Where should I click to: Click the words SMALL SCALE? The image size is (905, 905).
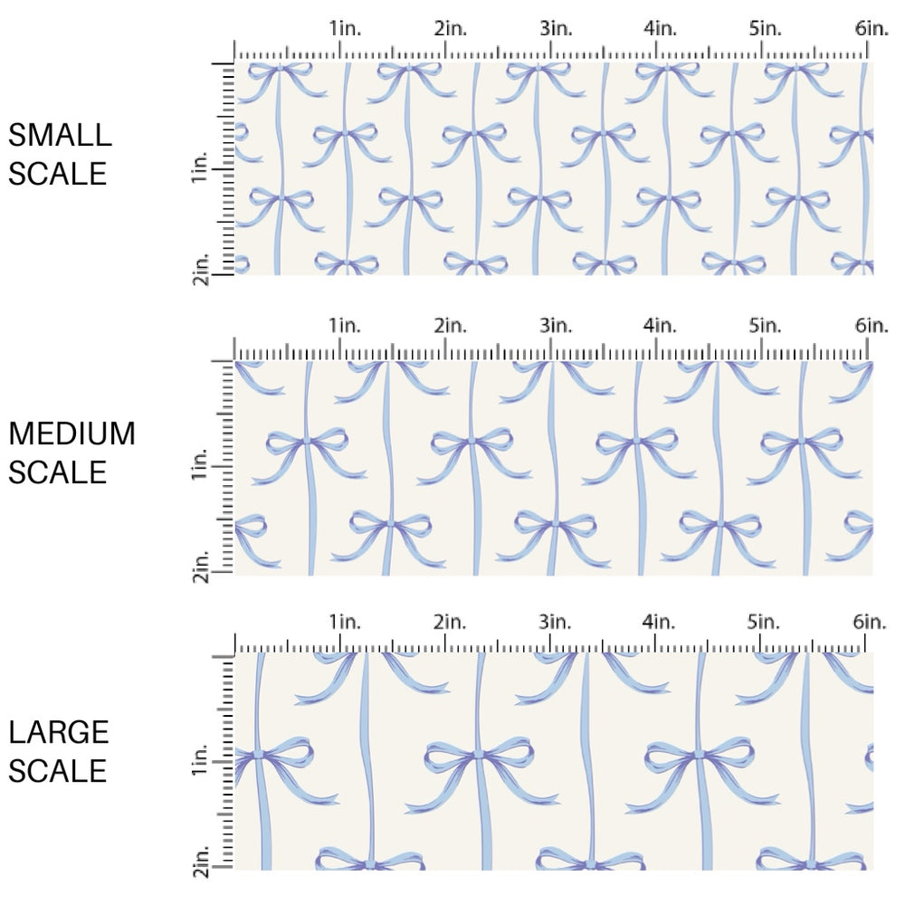pos(60,154)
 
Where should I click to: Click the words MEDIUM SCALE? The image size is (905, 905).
pos(71,452)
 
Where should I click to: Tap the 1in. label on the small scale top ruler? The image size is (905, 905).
pos(344,28)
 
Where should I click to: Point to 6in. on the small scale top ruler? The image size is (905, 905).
pos(872,28)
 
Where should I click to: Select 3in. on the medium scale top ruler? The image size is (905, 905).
pos(556,325)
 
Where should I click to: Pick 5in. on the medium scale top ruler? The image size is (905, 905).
pos(766,325)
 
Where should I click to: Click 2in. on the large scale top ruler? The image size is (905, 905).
pos(450,622)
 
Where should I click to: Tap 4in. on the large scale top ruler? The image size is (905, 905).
pos(661,622)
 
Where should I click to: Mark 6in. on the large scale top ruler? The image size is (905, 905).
pos(872,622)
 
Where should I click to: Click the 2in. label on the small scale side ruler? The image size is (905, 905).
pos(201,269)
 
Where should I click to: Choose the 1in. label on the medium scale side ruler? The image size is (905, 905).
pos(201,466)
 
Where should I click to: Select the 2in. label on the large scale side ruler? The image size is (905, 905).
pos(201,862)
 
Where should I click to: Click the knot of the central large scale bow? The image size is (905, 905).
pos(477,753)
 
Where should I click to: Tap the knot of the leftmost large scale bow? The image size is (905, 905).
pos(256,753)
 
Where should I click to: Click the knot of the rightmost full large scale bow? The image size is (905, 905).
pos(698,753)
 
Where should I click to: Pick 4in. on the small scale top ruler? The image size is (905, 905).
pos(661,28)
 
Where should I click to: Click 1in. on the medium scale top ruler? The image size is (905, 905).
pos(344,325)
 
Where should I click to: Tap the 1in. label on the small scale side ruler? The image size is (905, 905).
pos(201,169)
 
